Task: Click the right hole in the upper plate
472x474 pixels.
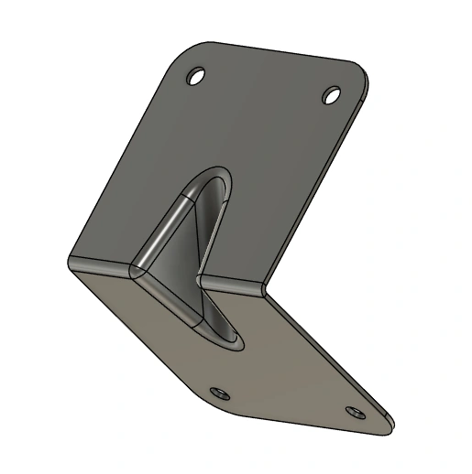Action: [333, 93]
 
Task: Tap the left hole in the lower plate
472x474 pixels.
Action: [219, 393]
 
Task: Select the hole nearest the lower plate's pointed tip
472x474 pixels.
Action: [355, 413]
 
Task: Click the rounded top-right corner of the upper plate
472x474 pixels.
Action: [360, 73]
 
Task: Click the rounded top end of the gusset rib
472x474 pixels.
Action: [212, 174]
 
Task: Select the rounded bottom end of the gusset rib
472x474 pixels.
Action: [229, 343]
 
